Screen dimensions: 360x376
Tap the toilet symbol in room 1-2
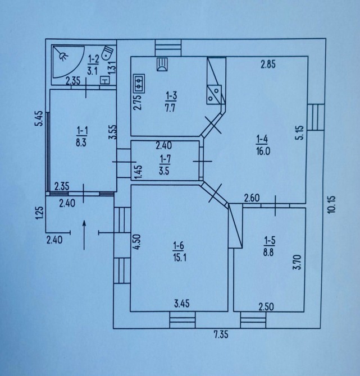(107, 53)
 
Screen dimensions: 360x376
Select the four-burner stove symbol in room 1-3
(139, 84)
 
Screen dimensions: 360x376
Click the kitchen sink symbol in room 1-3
(162, 65)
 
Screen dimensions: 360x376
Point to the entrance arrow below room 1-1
(84, 235)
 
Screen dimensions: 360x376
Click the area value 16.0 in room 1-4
(263, 152)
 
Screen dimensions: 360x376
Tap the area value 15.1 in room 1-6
(180, 258)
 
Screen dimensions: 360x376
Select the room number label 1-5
(269, 241)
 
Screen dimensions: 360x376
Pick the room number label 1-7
(165, 158)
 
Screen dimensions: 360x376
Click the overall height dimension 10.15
(332, 204)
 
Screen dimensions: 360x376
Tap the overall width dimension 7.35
(221, 334)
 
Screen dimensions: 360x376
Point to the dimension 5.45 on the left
(39, 118)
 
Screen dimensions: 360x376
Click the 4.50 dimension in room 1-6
(138, 242)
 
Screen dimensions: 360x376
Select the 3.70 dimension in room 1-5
(297, 262)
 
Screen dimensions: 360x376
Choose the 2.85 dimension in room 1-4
(268, 65)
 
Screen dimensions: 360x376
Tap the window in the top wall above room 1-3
(168, 48)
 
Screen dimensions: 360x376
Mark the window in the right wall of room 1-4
(316, 117)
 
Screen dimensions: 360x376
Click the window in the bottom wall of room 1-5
(253, 320)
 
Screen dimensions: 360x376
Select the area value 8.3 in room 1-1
(81, 143)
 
